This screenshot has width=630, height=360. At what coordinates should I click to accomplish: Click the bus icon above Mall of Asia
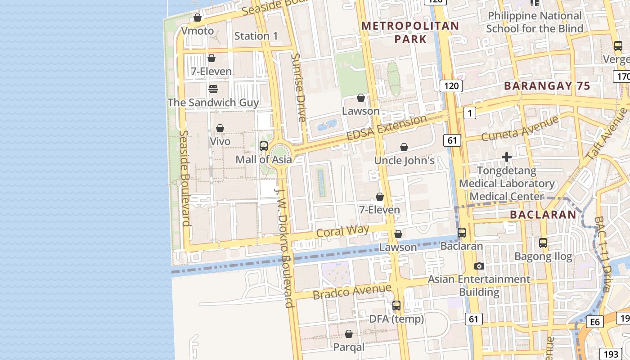(x=264, y=146)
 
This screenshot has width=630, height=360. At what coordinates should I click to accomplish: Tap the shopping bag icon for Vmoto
(x=197, y=18)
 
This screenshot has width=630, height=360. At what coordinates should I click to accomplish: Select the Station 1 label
(x=256, y=36)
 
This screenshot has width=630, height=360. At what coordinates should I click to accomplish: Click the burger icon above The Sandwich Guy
(x=213, y=89)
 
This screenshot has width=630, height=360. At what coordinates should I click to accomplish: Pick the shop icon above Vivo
(x=220, y=128)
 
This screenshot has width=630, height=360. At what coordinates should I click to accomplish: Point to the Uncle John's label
(x=405, y=161)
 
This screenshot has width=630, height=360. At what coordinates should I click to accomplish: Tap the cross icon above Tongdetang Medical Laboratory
(x=507, y=157)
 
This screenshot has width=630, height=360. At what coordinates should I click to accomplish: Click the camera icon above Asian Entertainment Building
(x=479, y=266)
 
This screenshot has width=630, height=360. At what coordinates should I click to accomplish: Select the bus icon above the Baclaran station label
(x=462, y=233)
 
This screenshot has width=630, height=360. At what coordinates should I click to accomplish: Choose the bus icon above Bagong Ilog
(x=543, y=243)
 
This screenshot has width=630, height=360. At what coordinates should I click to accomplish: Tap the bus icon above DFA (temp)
(x=396, y=305)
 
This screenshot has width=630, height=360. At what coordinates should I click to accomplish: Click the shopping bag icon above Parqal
(x=349, y=334)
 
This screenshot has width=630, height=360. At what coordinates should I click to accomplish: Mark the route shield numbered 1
(x=469, y=113)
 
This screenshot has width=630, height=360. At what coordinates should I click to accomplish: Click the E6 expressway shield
(x=595, y=322)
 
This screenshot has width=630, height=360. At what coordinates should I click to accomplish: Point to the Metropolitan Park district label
(x=410, y=32)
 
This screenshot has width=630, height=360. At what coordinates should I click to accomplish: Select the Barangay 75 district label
(x=547, y=86)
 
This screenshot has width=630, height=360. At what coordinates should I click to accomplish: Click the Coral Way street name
(x=342, y=231)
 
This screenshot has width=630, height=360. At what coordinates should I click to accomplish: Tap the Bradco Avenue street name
(x=352, y=292)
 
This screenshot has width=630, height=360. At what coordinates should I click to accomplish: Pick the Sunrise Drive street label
(x=298, y=87)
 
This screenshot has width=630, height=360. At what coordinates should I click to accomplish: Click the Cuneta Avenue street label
(x=519, y=128)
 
